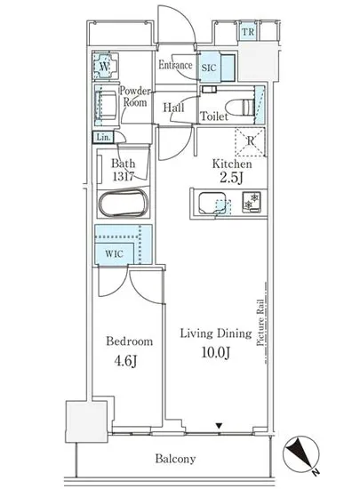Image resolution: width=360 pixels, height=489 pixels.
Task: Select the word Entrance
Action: pos(176,66)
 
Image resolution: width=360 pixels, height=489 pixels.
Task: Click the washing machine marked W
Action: pos(105,66)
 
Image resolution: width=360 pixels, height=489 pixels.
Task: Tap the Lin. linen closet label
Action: pos(103,138)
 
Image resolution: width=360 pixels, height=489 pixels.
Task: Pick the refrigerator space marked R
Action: pos(251,138)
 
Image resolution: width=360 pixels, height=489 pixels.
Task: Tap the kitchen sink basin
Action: pos(212,204)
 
